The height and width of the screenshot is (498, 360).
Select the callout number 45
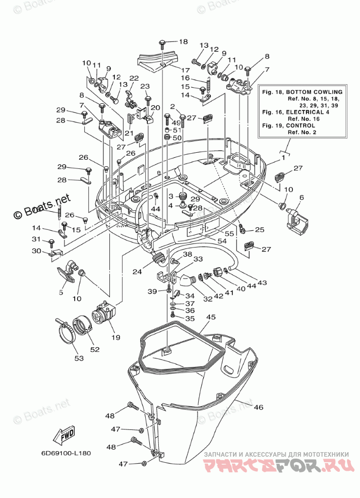coord(210,317)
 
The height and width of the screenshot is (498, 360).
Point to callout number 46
coord(259,407)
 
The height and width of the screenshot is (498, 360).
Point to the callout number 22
coord(134,78)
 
